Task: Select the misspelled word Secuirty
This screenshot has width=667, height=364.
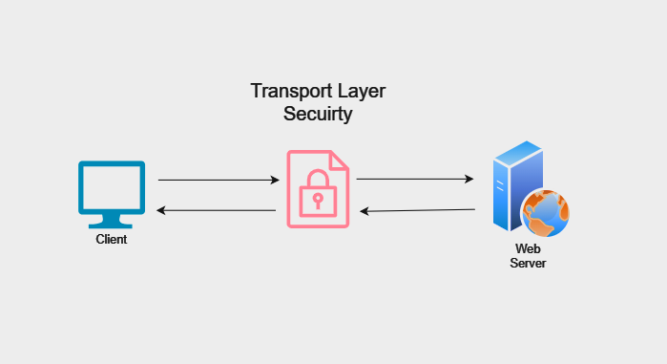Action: [318, 115]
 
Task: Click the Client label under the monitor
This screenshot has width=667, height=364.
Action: [112, 240]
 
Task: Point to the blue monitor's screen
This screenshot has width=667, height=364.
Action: [112, 186]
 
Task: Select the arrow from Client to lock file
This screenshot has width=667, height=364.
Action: [218, 180]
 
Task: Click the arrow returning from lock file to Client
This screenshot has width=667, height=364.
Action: [218, 210]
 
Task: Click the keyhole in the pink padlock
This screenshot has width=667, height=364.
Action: [318, 200]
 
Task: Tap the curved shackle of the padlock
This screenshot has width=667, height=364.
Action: [318, 179]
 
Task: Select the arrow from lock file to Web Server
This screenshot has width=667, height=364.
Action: [415, 179]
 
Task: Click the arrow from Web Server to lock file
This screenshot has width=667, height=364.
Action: [417, 210]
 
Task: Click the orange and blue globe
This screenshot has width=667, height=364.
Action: [545, 212]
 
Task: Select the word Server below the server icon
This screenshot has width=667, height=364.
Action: [528, 263]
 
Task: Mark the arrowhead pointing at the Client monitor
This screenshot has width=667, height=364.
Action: [161, 210]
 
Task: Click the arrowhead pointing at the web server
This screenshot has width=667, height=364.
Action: [469, 179]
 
